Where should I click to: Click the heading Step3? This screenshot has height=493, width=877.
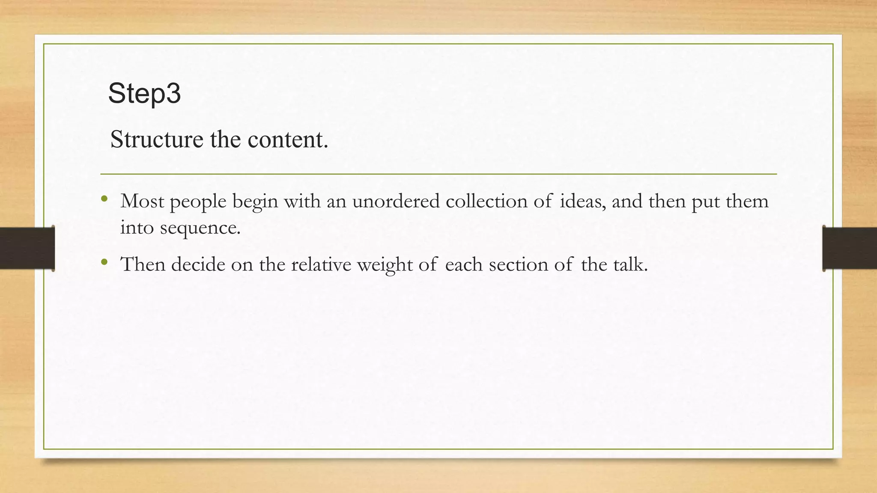pyautogui.click(x=144, y=93)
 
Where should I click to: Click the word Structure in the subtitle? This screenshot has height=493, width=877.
pyautogui.click(x=156, y=140)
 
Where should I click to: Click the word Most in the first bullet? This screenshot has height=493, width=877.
pyautogui.click(x=142, y=201)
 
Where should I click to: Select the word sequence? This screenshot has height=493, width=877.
pyautogui.click(x=200, y=228)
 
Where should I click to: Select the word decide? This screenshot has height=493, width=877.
pyautogui.click(x=198, y=264)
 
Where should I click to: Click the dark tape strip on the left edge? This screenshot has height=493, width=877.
pyautogui.click(x=27, y=248)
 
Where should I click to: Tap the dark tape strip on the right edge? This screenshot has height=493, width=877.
pyautogui.click(x=850, y=248)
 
